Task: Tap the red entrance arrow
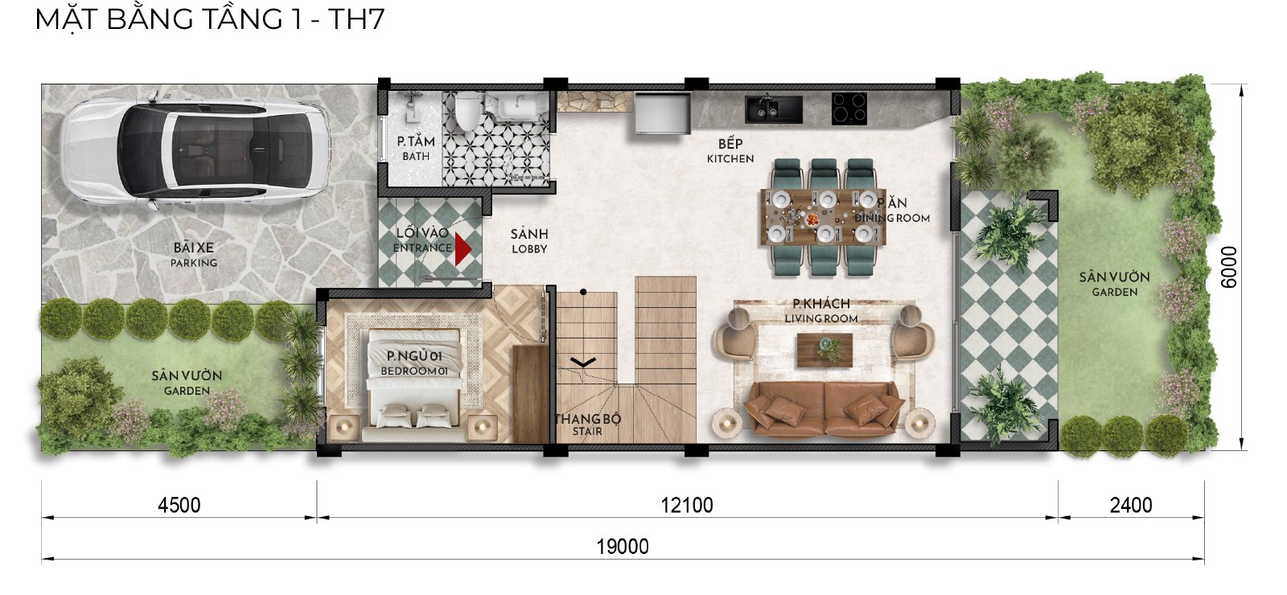point(463,248)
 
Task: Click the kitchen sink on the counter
point(773,109)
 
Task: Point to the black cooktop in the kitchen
point(849,109)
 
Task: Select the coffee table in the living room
point(824,350)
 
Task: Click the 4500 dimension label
point(179,506)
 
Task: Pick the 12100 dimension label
point(687,506)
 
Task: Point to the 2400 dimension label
point(1131,506)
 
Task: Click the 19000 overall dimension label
point(623,546)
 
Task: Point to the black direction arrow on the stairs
point(582,362)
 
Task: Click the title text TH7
point(356,19)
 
